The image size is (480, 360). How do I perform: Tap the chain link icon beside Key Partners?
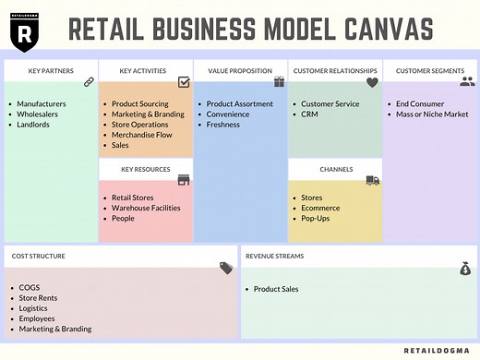pos(90,82)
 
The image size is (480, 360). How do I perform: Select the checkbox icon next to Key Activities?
pos(184,82)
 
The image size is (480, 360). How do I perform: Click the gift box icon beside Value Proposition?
pos(279,82)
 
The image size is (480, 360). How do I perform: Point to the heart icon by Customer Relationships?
pos(372,82)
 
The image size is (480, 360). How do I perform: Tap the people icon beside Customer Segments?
pos(467,81)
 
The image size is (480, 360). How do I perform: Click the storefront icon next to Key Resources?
pos(184,180)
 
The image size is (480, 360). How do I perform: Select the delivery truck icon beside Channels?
pos(372,180)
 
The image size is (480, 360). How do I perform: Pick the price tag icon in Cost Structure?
pos(227,268)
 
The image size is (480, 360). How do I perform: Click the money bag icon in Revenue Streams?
pos(465,269)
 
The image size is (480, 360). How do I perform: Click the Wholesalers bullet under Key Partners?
pos(38,114)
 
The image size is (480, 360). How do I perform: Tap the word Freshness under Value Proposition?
pos(222,125)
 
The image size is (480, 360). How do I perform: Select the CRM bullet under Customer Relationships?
pos(309,114)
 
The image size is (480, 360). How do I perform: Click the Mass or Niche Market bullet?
pos(431,114)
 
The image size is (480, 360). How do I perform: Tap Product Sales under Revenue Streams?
pos(276,289)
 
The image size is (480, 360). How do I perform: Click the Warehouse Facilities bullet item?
pos(146,208)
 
